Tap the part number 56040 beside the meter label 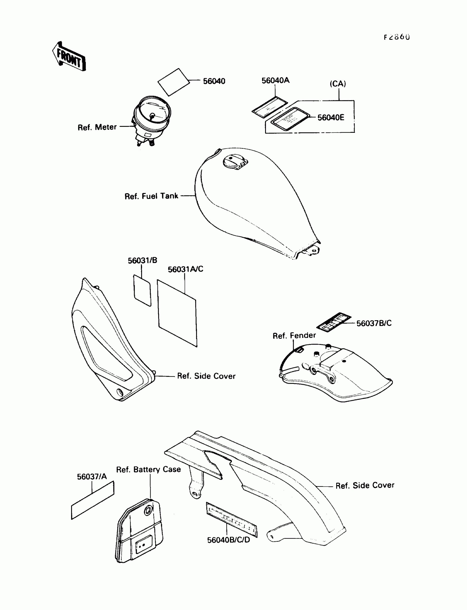click(x=214, y=81)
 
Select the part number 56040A click(x=275, y=80)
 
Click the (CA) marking click(x=338, y=84)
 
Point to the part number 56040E click(x=330, y=117)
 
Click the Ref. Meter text click(x=97, y=127)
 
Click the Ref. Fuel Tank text click(x=151, y=196)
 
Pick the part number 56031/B click(x=142, y=260)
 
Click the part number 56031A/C click(x=185, y=269)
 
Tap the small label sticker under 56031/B click(x=142, y=290)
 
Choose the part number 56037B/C click(x=374, y=323)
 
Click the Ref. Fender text click(x=294, y=335)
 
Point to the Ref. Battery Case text click(x=148, y=469)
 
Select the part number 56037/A click(x=92, y=476)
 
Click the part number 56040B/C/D click(x=229, y=540)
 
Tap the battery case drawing click(x=139, y=530)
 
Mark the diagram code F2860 click(x=397, y=37)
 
